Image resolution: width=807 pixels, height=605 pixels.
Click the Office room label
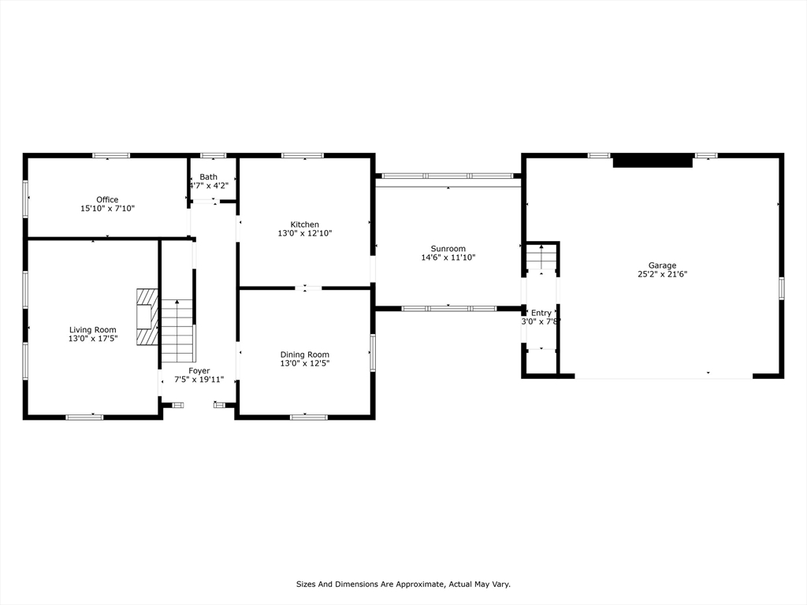click(x=107, y=199)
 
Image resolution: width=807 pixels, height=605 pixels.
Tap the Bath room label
click(x=208, y=176)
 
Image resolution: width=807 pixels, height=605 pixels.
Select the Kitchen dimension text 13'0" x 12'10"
click(x=304, y=233)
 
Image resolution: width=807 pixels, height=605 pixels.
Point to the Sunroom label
click(x=448, y=248)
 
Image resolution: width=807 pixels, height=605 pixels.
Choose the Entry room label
click(x=541, y=313)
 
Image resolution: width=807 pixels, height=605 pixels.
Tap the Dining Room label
click(x=304, y=354)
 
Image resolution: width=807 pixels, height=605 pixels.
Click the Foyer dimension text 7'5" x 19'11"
click(x=199, y=379)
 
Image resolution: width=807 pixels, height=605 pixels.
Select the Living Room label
click(x=92, y=329)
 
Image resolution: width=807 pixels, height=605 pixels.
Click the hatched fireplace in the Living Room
click(x=146, y=317)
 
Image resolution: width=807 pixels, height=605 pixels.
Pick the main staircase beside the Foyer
click(x=177, y=330)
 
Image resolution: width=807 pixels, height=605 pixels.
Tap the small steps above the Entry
click(x=541, y=257)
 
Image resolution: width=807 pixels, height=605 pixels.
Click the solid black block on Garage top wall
click(x=652, y=161)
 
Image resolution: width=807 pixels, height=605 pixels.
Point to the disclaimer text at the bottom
click(x=403, y=584)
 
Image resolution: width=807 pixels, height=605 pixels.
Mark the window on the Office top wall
click(x=111, y=155)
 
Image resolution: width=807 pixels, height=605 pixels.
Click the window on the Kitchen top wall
click(x=303, y=155)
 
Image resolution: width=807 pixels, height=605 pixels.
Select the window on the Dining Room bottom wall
click(x=309, y=417)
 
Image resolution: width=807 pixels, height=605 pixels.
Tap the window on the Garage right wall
click(x=781, y=288)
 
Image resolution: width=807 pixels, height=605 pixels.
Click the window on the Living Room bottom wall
click(x=84, y=417)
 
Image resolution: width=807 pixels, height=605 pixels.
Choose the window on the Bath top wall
click(x=213, y=155)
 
